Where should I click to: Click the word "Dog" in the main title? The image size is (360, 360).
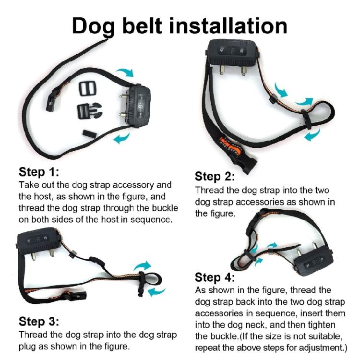[94, 26]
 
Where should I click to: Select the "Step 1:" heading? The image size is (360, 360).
[39, 172]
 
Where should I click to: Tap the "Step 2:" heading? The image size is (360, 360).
[215, 176]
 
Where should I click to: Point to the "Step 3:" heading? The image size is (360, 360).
[39, 321]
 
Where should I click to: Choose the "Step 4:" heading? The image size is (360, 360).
[215, 277]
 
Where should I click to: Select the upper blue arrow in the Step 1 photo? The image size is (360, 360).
[126, 73]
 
